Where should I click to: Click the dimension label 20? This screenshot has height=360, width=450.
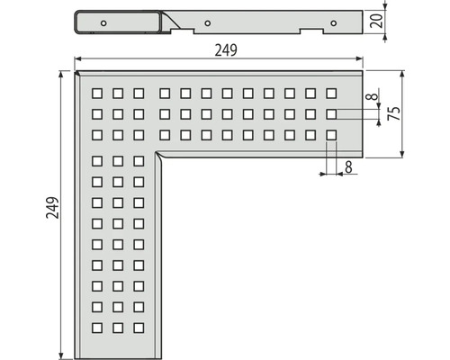pos(377,21)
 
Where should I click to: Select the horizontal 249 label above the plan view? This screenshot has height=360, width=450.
pos(226,50)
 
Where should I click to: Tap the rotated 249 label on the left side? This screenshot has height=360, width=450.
pos(52,208)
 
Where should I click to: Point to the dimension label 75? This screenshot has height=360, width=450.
pos(394,113)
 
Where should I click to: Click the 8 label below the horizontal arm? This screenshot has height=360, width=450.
pos(348,167)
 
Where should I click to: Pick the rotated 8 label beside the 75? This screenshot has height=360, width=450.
pos(373,96)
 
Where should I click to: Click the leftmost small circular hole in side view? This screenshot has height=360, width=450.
pos(103,23)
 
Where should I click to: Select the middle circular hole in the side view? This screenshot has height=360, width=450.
pos(207,23)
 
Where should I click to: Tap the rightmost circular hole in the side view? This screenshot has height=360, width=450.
pos(333,23)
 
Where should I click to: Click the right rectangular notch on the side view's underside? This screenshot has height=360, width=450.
pos(312,31)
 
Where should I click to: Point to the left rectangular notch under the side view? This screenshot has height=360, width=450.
pos(183,31)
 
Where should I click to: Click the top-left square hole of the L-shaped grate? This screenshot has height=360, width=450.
pos(97,94)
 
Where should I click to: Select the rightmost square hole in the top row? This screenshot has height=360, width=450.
pos(331,94)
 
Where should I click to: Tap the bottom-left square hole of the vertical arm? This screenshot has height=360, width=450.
pos(97,328)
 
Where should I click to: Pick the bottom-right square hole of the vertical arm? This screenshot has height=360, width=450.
pos(139,328)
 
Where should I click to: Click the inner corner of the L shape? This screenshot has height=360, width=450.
pos(157,152)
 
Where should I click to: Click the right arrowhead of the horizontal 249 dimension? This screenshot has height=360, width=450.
pos(359,58)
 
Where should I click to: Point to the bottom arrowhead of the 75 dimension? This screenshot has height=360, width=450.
pos(402,154)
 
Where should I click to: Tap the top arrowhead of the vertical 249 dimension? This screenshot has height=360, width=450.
pos(61,75)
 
